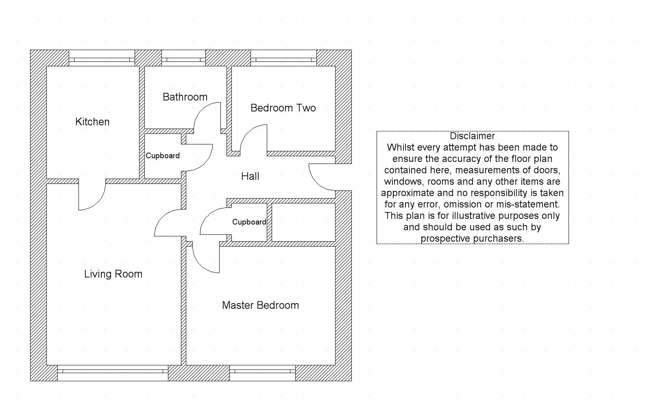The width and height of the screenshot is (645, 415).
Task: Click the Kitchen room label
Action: pos(92,122)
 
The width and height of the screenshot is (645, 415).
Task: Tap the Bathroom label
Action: pos(185,97)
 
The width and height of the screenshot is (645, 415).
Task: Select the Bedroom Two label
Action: pos(283,108)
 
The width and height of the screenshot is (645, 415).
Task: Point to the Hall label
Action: pos(250,176)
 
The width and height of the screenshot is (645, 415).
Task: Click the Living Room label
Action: pos(113,274)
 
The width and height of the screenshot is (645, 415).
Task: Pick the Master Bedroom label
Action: pos(260,305)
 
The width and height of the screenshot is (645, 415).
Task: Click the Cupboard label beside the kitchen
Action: pos(163,156)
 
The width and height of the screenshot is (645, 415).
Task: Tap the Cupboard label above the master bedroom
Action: pos(249,222)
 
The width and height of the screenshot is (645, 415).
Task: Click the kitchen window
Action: pos(102,59)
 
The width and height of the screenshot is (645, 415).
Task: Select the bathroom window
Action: pos(183,59)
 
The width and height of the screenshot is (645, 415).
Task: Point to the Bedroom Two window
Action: pos(283,59)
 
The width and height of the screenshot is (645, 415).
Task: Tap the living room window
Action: pos(113,371)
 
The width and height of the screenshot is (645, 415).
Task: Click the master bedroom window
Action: pos(262,371)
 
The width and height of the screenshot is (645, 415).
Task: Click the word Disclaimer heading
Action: pos(472,136)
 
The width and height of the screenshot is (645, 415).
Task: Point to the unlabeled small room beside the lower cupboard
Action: pos(303,222)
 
